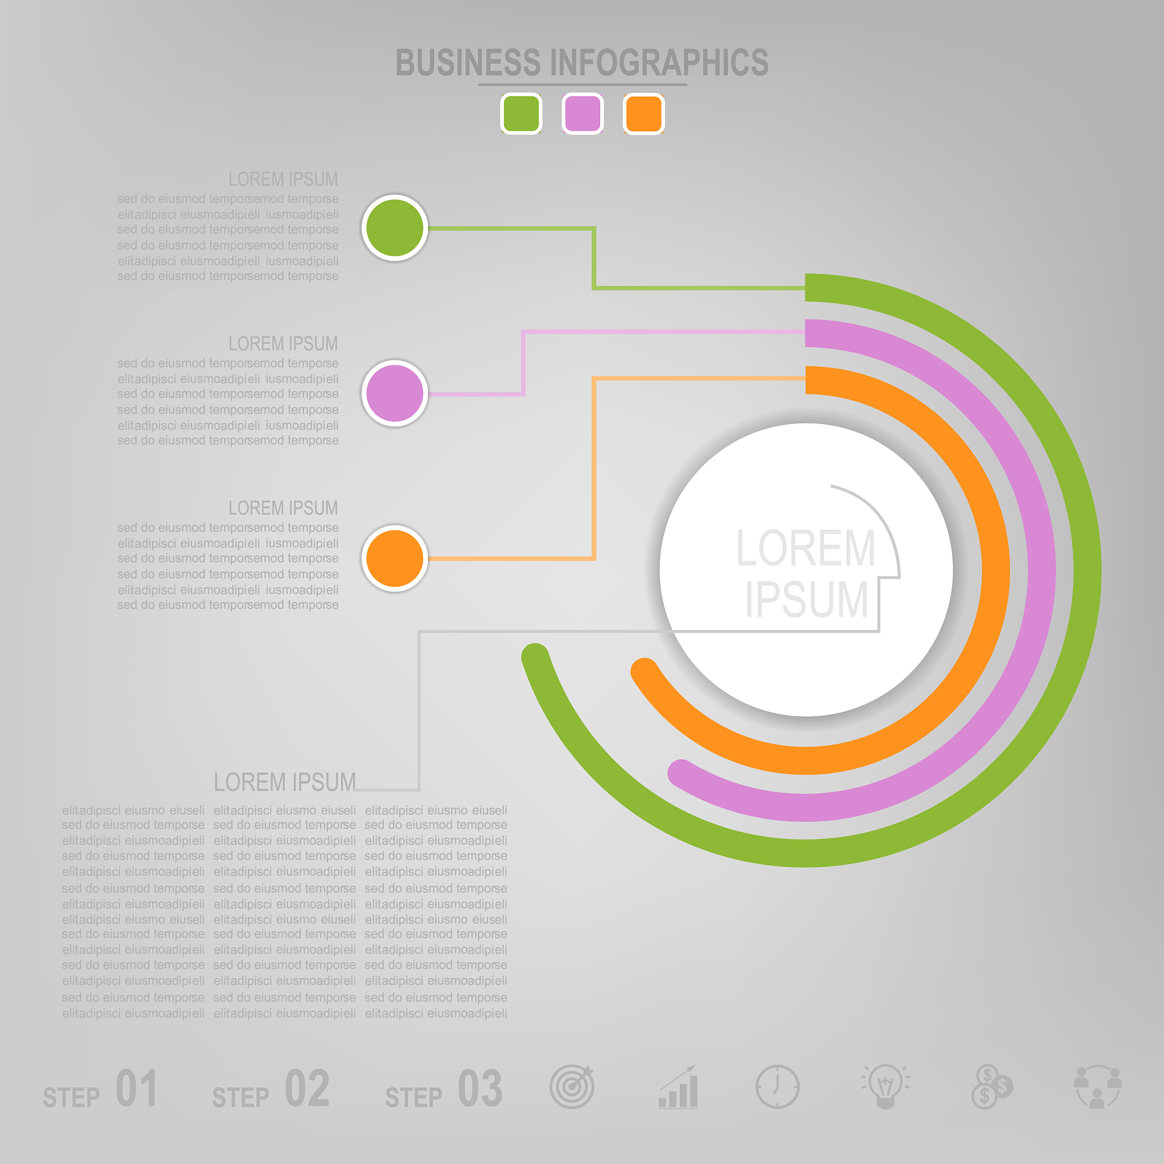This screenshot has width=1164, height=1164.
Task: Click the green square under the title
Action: (521, 113)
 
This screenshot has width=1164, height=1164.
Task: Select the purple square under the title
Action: (583, 113)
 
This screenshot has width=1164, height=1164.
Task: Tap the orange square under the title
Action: (643, 113)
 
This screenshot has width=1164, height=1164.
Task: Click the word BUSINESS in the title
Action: (468, 63)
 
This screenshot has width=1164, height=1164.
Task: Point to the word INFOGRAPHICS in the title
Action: (659, 63)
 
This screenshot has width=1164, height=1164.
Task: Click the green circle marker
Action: (394, 228)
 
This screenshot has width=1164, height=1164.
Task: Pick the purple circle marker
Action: (394, 393)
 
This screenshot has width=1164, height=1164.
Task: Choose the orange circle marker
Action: (394, 558)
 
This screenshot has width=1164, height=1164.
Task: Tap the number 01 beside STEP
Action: (137, 1088)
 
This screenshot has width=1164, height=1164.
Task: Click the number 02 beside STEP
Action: (307, 1088)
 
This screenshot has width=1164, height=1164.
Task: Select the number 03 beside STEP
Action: (480, 1088)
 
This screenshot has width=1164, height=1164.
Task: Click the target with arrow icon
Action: (572, 1086)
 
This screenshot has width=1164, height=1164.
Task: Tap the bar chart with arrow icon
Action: (678, 1086)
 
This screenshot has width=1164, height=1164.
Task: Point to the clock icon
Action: (777, 1087)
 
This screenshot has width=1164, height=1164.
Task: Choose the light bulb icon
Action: (885, 1086)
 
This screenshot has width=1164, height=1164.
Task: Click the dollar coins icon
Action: (992, 1087)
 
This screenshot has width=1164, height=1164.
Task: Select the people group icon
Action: (1097, 1087)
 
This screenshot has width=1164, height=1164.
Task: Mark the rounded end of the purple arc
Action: (681, 773)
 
